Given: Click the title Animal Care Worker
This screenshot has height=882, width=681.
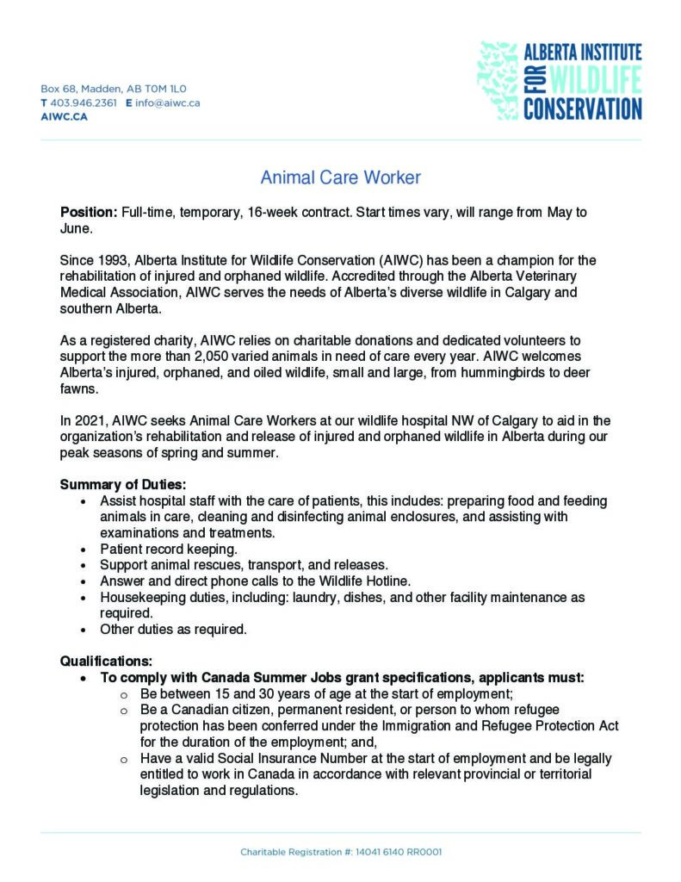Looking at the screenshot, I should click(340, 178).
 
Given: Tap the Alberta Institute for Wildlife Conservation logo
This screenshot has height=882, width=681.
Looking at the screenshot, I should click(560, 80).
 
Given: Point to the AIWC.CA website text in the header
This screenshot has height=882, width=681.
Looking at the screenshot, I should click(64, 116).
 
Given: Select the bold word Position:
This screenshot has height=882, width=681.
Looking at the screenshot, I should click(88, 212).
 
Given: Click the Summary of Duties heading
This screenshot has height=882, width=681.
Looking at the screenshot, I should click(122, 485).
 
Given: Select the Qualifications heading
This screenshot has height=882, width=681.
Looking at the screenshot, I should click(106, 661).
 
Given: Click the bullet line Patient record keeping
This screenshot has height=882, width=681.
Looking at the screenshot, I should click(169, 549).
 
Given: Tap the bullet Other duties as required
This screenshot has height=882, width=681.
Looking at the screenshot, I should click(173, 629).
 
